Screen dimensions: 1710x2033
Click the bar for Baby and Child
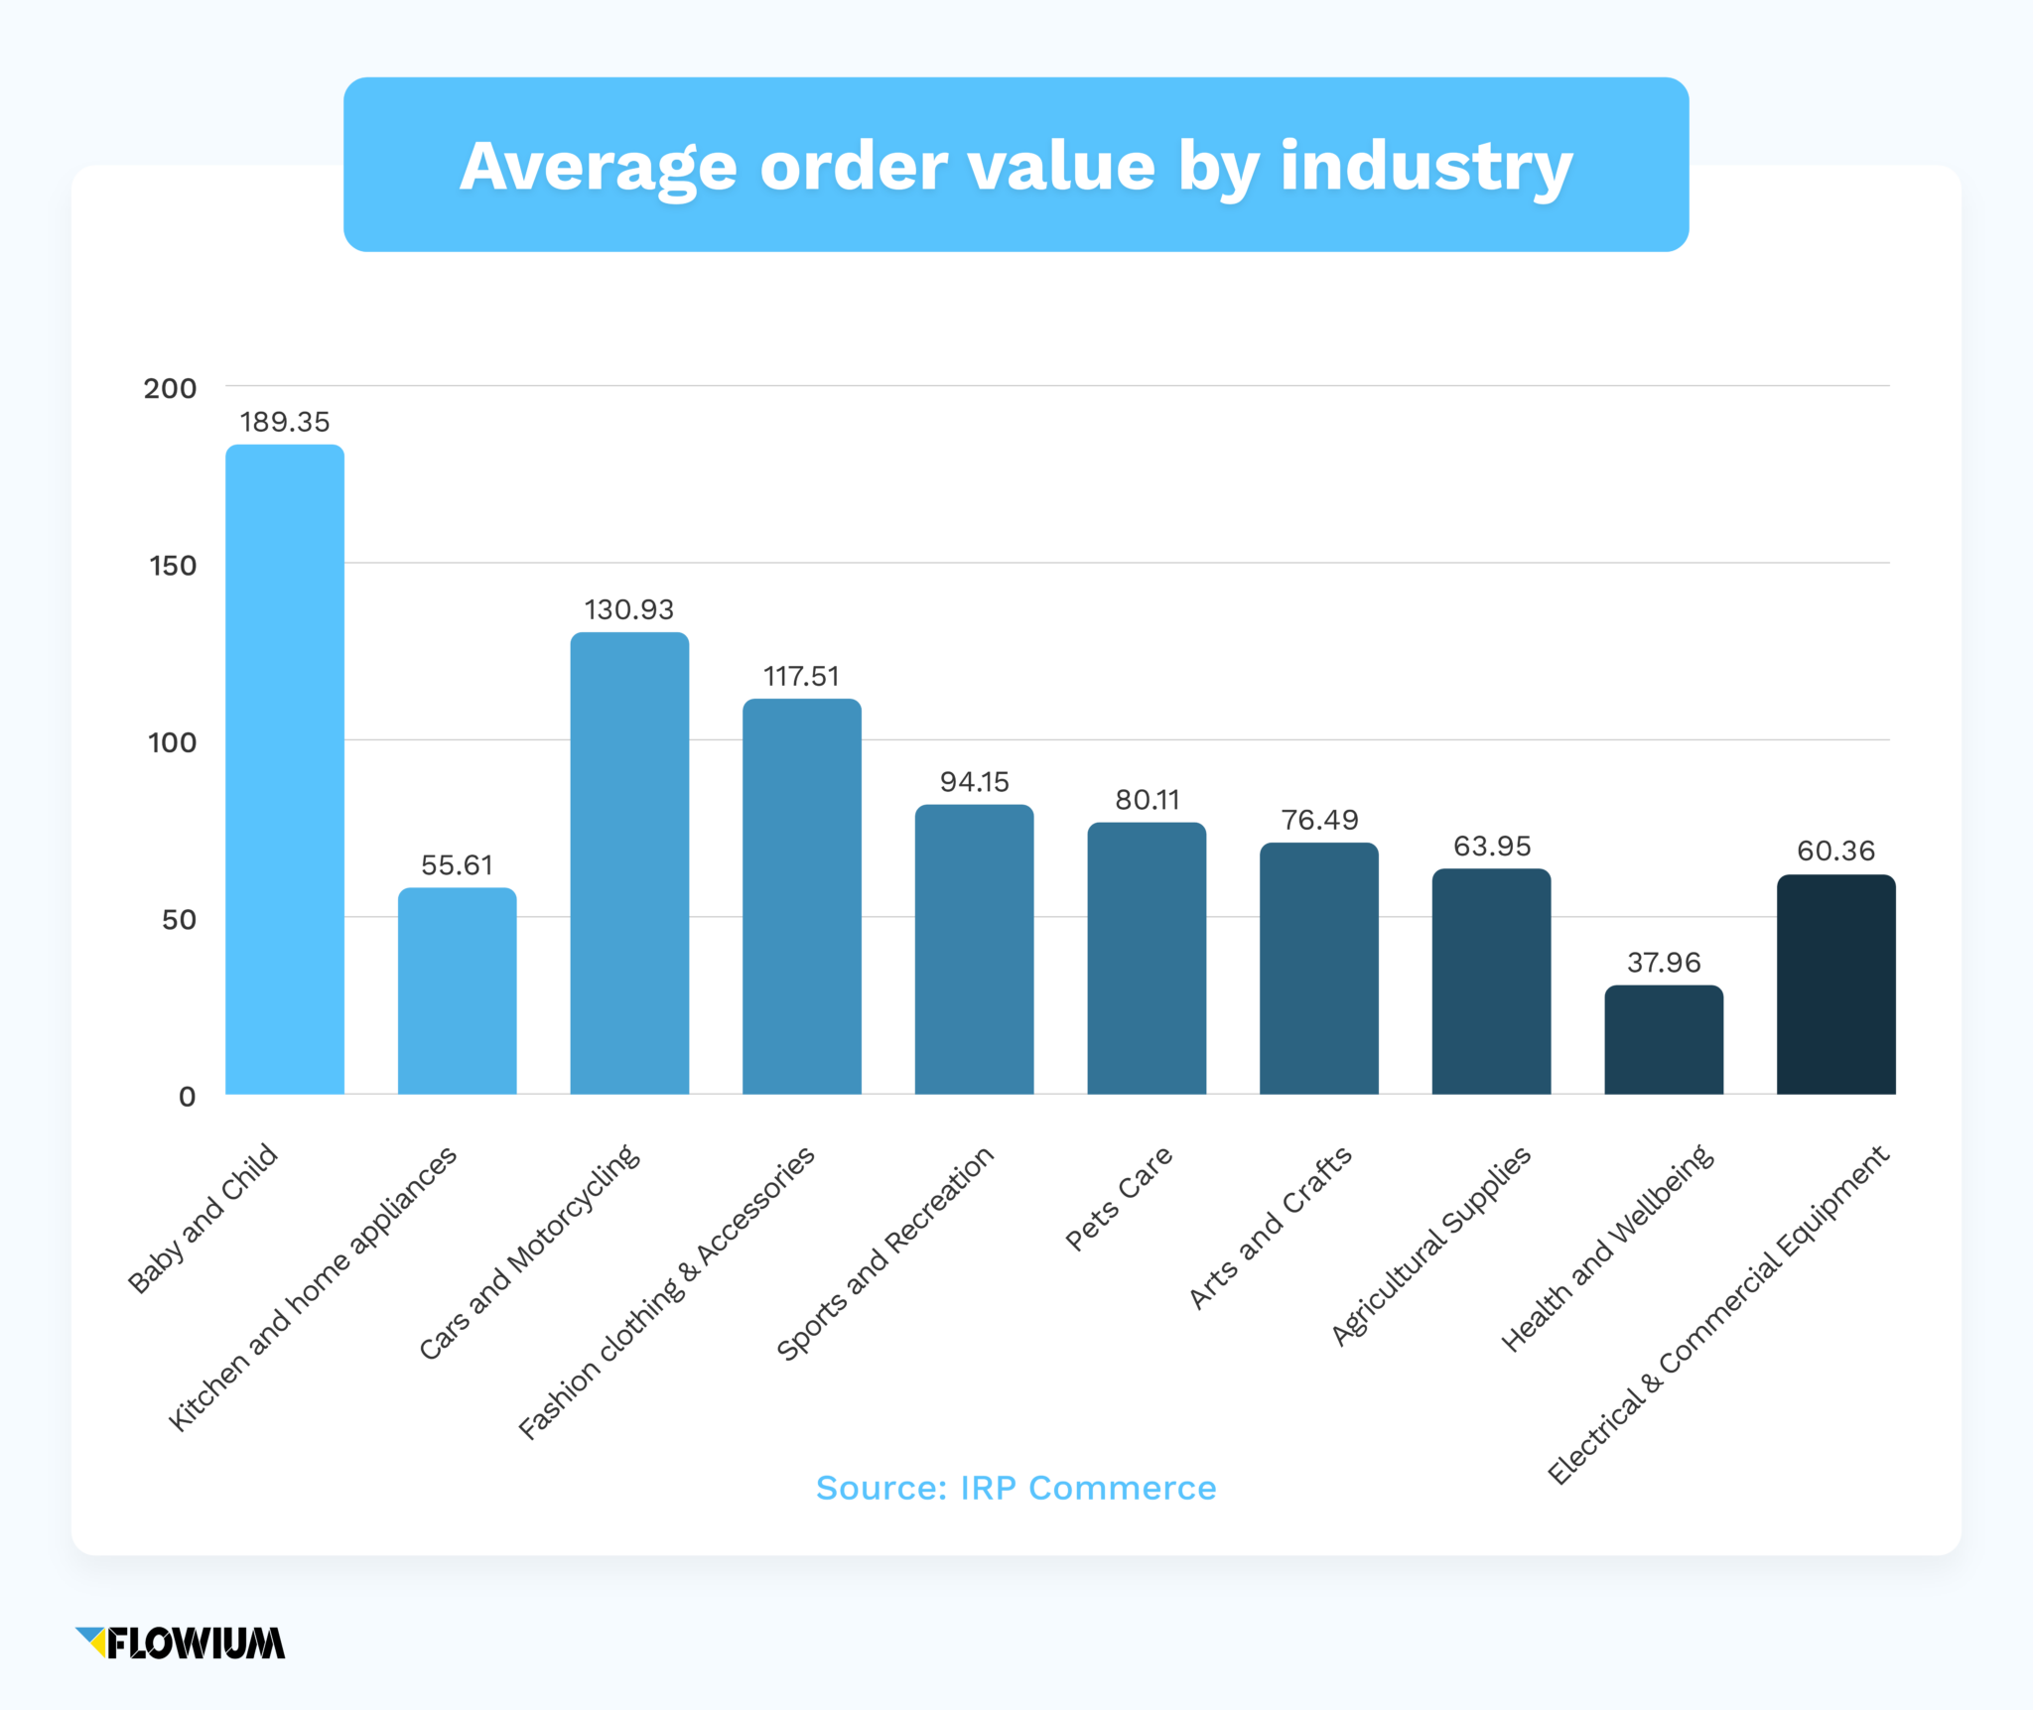coord(285,769)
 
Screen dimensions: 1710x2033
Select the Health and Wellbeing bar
coord(1664,1040)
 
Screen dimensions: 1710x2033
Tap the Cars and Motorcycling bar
coord(629,863)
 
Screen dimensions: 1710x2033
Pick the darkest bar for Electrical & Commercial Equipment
coord(1835,985)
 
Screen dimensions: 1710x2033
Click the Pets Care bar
coord(1147,959)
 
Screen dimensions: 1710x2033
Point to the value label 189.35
coord(285,422)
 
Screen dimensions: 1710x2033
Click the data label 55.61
coord(457,865)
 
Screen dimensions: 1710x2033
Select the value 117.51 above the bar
coord(801,677)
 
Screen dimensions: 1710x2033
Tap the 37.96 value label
coord(1664,963)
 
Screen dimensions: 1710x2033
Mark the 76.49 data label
coord(1319,820)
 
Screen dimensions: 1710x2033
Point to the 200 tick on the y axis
coord(171,388)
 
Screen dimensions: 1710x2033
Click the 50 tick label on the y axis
coord(179,920)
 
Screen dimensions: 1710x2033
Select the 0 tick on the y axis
coord(187,1097)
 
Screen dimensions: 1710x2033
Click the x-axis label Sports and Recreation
coord(885,1252)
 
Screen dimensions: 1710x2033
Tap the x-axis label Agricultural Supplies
coord(1431,1246)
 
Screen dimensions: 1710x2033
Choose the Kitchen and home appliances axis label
coord(313,1288)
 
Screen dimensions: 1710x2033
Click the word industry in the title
coord(1425,166)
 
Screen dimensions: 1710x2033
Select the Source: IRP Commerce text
coord(1016,1488)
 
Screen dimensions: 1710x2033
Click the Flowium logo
coord(181,1643)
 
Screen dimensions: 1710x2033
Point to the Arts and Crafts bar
coord(1319,969)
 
